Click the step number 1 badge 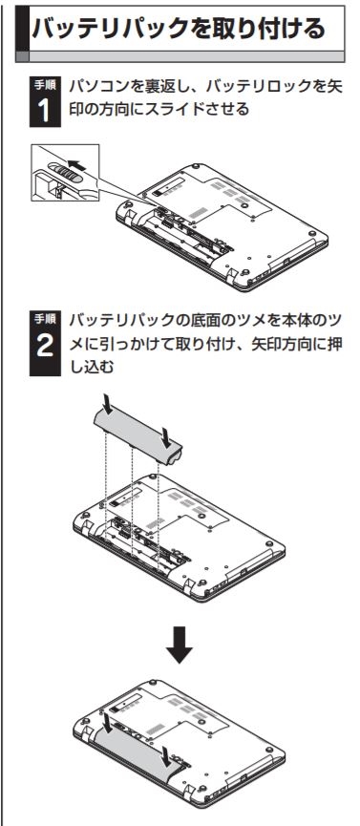45,101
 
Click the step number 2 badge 45,343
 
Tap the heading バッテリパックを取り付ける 179,29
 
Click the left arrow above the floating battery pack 108,406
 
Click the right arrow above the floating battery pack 167,436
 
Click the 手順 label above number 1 45,83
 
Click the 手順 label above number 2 45,318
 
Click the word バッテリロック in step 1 246,86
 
